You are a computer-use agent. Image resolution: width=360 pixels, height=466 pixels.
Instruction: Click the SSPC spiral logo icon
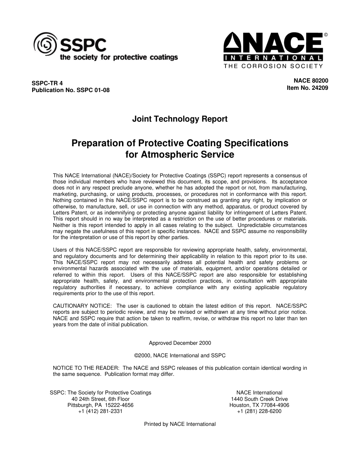(x=45, y=44)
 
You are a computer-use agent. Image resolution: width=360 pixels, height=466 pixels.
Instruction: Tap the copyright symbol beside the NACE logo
(x=326, y=35)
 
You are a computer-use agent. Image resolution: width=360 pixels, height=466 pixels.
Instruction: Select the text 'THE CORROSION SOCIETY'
(x=273, y=66)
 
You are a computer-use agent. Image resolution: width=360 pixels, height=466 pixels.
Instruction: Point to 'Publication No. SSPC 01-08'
(x=70, y=91)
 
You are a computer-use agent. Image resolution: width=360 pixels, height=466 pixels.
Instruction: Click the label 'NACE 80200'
(x=311, y=81)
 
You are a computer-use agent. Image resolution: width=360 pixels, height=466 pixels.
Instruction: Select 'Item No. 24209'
(x=307, y=88)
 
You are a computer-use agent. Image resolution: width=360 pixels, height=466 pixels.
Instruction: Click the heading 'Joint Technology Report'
(x=180, y=119)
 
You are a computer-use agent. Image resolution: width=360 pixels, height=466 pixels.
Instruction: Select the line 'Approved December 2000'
(x=180, y=343)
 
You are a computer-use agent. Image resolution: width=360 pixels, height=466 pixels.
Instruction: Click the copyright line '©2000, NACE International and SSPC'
(x=180, y=355)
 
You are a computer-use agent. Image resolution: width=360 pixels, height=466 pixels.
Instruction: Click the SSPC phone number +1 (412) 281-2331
(x=100, y=411)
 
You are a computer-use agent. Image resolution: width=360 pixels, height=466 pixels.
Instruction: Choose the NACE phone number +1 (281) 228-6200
(x=259, y=411)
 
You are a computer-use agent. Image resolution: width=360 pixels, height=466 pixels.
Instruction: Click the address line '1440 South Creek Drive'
(x=259, y=399)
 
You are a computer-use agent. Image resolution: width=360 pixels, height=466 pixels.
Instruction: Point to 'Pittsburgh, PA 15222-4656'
(x=100, y=405)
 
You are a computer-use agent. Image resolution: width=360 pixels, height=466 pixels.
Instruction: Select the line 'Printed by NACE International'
(x=180, y=424)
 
